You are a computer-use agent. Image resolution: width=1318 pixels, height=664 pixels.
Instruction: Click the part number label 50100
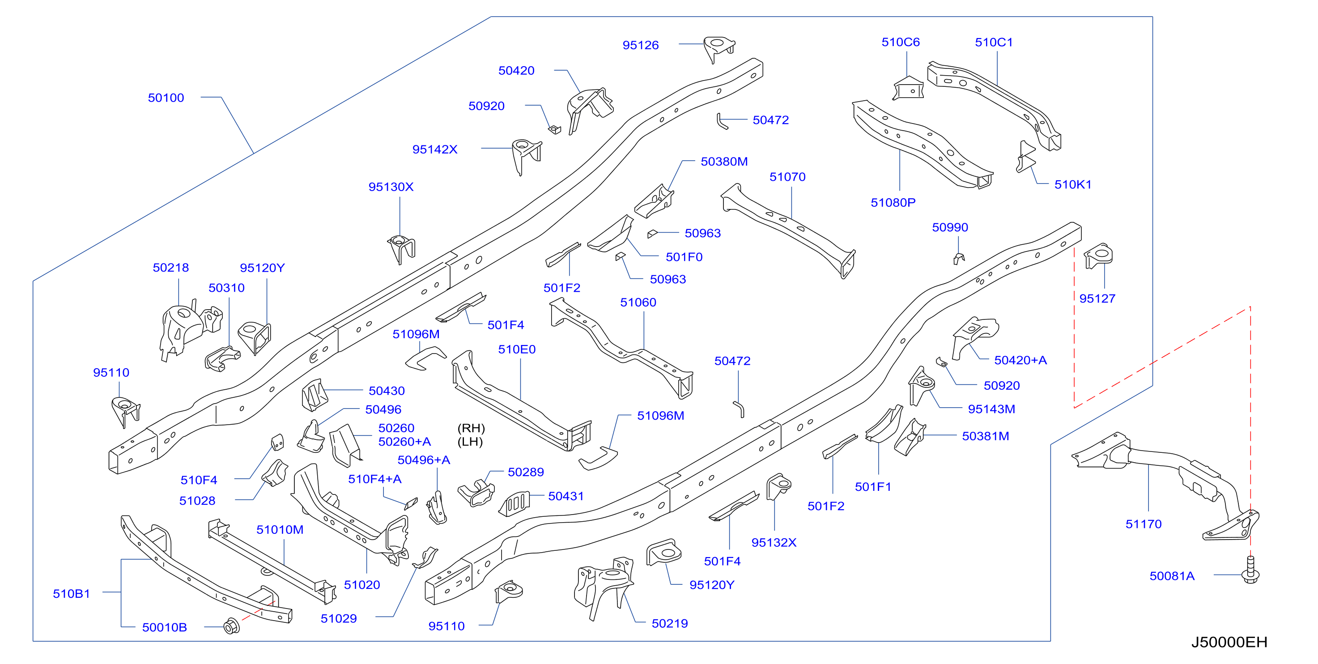(x=166, y=98)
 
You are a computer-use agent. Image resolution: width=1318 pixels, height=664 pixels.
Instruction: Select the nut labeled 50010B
(x=232, y=626)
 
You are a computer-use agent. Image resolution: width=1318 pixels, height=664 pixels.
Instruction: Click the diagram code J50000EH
(x=1229, y=642)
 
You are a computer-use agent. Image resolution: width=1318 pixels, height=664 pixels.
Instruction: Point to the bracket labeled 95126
(x=719, y=49)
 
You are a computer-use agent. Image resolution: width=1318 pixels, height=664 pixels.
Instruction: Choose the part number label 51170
(x=1144, y=524)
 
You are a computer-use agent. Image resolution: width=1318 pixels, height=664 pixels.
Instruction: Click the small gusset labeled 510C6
(x=908, y=88)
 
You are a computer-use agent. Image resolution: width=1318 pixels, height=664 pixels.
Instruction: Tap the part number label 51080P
(x=893, y=203)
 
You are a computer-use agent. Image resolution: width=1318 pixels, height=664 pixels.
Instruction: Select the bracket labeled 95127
(x=1098, y=256)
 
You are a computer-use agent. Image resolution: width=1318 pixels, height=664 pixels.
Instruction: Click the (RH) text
(x=471, y=428)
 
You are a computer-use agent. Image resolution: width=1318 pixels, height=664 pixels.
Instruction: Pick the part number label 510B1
(x=71, y=593)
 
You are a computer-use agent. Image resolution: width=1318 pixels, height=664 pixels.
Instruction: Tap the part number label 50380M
(x=724, y=162)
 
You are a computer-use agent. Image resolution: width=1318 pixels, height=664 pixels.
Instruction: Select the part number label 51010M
(x=280, y=529)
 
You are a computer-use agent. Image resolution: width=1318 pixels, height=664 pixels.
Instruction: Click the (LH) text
(x=470, y=442)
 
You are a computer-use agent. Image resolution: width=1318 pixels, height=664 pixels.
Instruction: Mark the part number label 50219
(x=670, y=623)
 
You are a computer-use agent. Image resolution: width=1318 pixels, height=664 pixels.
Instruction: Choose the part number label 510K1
(x=1073, y=185)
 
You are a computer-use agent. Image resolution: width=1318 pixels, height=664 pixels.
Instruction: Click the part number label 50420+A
(x=1020, y=360)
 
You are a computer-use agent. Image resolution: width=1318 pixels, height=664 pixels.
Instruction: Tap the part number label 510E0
(x=517, y=349)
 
